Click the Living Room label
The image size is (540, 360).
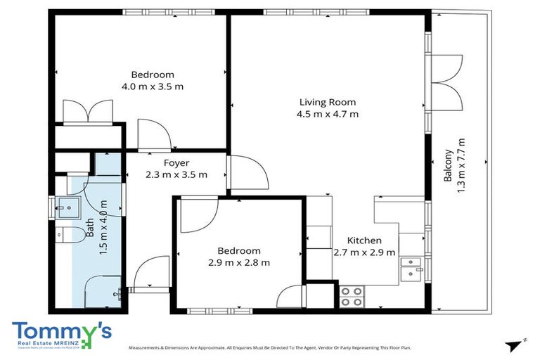tap(328, 101)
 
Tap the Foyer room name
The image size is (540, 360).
tap(176, 163)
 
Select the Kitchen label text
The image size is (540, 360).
tap(364, 240)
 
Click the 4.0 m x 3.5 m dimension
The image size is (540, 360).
tap(153, 86)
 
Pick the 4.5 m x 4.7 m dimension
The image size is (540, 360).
tap(328, 113)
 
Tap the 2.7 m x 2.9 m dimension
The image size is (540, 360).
tap(364, 252)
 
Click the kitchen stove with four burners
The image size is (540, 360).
tap(352, 297)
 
